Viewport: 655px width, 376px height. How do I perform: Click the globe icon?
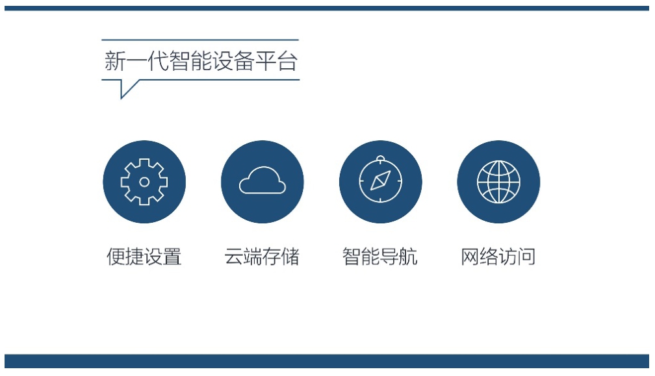coord(498,182)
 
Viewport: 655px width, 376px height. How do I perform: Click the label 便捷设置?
coord(144,257)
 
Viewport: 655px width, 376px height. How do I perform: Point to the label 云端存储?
coord(262,257)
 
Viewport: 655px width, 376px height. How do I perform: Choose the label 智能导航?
coord(380,257)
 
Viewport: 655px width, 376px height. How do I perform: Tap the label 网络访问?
coord(498,257)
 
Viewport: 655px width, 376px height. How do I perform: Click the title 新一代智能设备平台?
coord(201,61)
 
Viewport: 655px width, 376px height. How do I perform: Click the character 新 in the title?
coord(115,61)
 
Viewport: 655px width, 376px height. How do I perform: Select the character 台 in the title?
coord(287,61)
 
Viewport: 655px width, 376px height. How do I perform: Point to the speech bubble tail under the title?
coord(130,89)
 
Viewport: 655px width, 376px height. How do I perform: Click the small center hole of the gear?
coord(144,182)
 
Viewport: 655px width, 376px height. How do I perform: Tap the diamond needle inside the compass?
coord(381,181)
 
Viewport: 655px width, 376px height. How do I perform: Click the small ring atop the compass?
coord(380,158)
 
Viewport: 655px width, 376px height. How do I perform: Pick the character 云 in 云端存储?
coord(233,257)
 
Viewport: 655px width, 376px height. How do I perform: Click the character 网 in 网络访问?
coord(470,257)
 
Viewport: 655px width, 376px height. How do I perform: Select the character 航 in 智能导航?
coord(408,257)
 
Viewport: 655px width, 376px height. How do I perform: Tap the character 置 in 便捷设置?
coord(172,257)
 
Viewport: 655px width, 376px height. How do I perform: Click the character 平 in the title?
coord(266,61)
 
